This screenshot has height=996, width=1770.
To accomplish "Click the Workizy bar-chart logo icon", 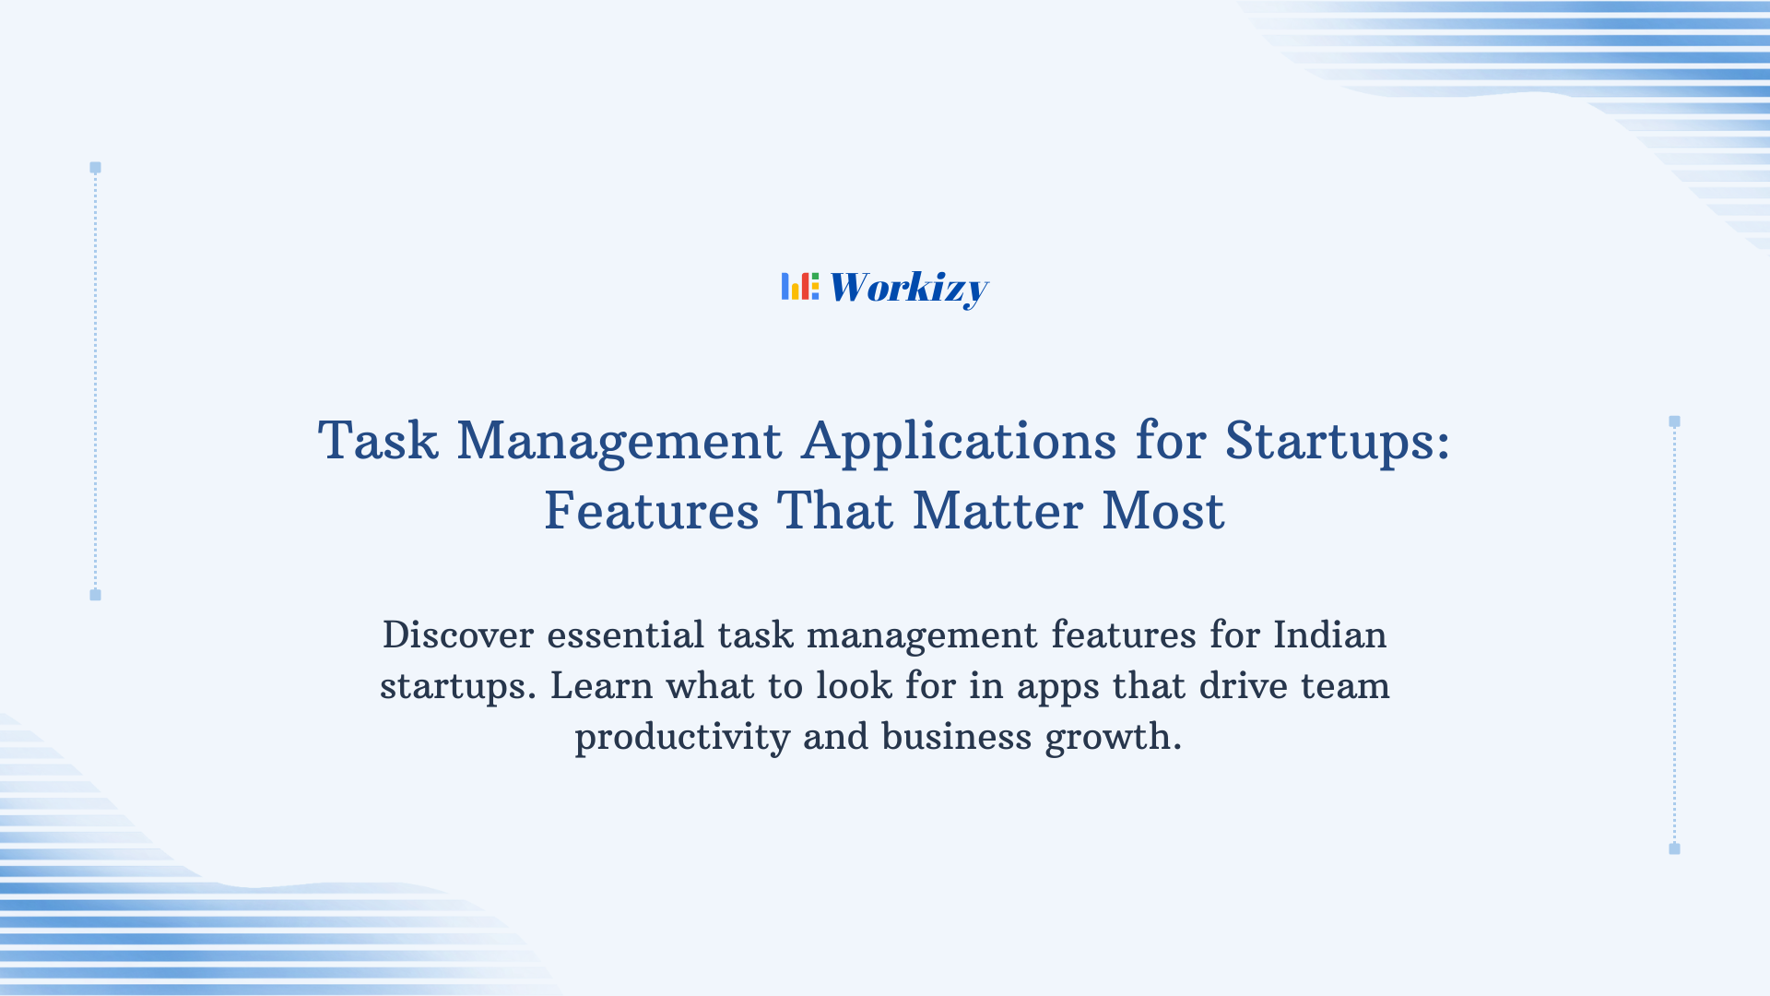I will pyautogui.click(x=799, y=287).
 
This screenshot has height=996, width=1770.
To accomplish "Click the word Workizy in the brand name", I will pyautogui.click(x=908, y=288).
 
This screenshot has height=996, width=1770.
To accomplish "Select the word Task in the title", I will pyautogui.click(x=378, y=441).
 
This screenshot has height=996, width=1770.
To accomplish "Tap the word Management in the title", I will pyautogui.click(x=619, y=441).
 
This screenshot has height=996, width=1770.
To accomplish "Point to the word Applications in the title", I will pyautogui.click(x=959, y=441).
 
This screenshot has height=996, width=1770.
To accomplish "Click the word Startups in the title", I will pyautogui.click(x=1337, y=441).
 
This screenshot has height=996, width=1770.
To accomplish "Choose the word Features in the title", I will pyautogui.click(x=652, y=511).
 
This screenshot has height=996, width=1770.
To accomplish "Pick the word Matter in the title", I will pyautogui.click(x=997, y=511).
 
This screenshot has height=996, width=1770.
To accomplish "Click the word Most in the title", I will pyautogui.click(x=1163, y=511).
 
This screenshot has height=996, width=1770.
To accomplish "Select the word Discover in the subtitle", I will pyautogui.click(x=458, y=635).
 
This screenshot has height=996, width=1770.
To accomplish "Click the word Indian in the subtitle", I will pyautogui.click(x=1329, y=635).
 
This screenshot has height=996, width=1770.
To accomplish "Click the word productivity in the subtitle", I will pyautogui.click(x=682, y=738).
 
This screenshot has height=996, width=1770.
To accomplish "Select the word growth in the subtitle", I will pyautogui.click(x=1112, y=738).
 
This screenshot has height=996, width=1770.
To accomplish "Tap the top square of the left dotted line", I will pyautogui.click(x=95, y=168).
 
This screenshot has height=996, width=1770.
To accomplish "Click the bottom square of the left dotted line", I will pyautogui.click(x=95, y=595).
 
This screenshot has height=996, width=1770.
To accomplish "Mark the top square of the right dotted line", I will pyautogui.click(x=1674, y=421).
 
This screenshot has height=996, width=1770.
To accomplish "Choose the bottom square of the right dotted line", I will pyautogui.click(x=1674, y=848).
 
